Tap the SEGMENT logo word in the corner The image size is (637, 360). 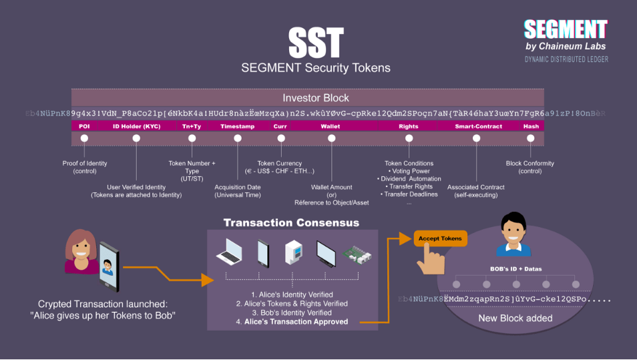(x=565, y=29)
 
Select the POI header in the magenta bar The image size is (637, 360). (x=84, y=126)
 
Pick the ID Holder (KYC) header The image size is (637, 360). (x=136, y=126)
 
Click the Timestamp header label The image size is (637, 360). (x=237, y=126)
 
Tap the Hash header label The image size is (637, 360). (x=531, y=126)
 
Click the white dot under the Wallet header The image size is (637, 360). (x=332, y=138)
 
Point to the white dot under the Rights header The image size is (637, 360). (x=409, y=138)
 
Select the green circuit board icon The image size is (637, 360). (x=355, y=253)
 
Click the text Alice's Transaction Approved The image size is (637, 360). (x=296, y=321)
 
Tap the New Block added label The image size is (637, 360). (x=515, y=318)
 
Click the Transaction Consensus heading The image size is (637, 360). (x=291, y=222)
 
